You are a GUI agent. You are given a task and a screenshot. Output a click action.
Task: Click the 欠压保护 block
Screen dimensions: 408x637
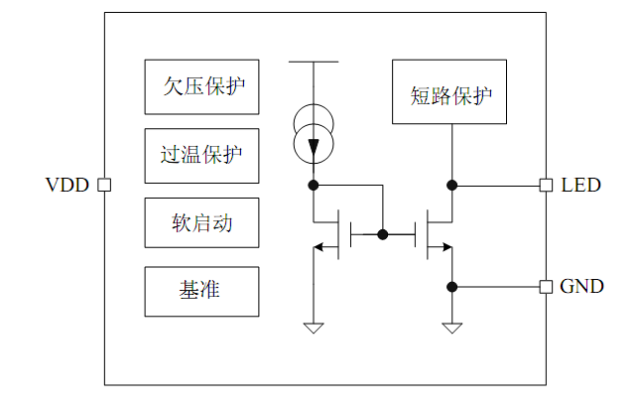[x=202, y=87]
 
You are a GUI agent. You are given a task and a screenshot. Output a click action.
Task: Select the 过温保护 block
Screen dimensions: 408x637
[x=202, y=156]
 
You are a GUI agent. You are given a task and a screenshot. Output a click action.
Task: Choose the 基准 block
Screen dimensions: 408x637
[x=202, y=292]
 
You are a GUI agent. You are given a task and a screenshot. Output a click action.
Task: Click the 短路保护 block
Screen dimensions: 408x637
[x=451, y=95]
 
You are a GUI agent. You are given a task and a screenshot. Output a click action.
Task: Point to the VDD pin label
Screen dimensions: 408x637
[x=66, y=186]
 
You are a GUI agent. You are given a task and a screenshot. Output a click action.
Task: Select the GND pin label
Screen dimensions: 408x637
[x=581, y=287]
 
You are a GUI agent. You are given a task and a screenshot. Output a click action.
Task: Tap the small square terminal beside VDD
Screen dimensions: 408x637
[x=103, y=186]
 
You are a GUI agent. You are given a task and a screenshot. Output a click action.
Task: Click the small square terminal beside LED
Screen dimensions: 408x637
[x=545, y=185]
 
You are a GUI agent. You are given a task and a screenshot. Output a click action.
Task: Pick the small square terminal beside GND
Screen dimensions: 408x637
[x=545, y=287]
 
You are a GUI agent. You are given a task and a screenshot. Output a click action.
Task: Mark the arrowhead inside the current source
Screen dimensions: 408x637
[x=314, y=149]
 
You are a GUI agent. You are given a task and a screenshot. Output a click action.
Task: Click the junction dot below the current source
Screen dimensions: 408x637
[x=314, y=185]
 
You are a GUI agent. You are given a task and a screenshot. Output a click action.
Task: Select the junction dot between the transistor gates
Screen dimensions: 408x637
[x=382, y=235]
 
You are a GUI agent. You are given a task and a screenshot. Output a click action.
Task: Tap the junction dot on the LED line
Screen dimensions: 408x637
[x=452, y=185]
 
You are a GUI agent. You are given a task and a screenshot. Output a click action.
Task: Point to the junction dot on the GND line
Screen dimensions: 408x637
[x=452, y=287]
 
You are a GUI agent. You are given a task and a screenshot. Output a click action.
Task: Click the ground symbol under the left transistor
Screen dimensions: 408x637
[x=314, y=327]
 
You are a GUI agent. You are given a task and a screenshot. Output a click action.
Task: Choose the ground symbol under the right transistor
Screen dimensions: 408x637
[x=452, y=327]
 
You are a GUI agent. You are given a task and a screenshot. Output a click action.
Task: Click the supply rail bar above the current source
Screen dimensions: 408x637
[x=314, y=62]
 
